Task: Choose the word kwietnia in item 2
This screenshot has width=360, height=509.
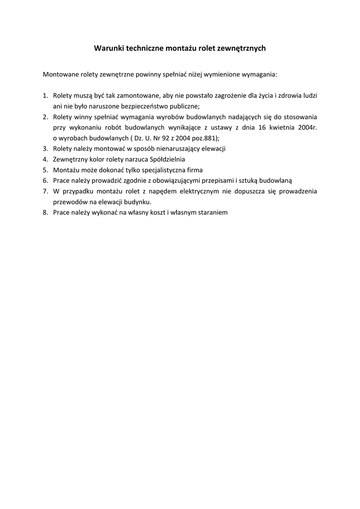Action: coord(285,127)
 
